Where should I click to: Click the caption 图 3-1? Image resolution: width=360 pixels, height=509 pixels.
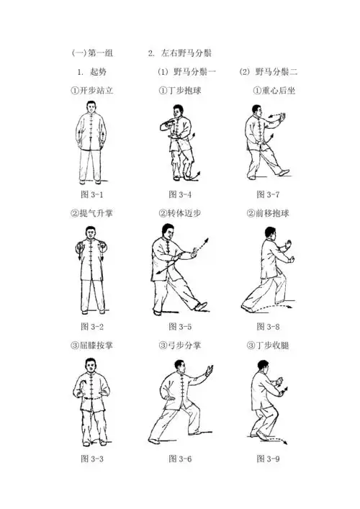(x=91, y=195)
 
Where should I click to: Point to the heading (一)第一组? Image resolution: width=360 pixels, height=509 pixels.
(x=92, y=54)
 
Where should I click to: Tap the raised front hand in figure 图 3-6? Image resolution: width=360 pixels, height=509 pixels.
(x=210, y=371)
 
